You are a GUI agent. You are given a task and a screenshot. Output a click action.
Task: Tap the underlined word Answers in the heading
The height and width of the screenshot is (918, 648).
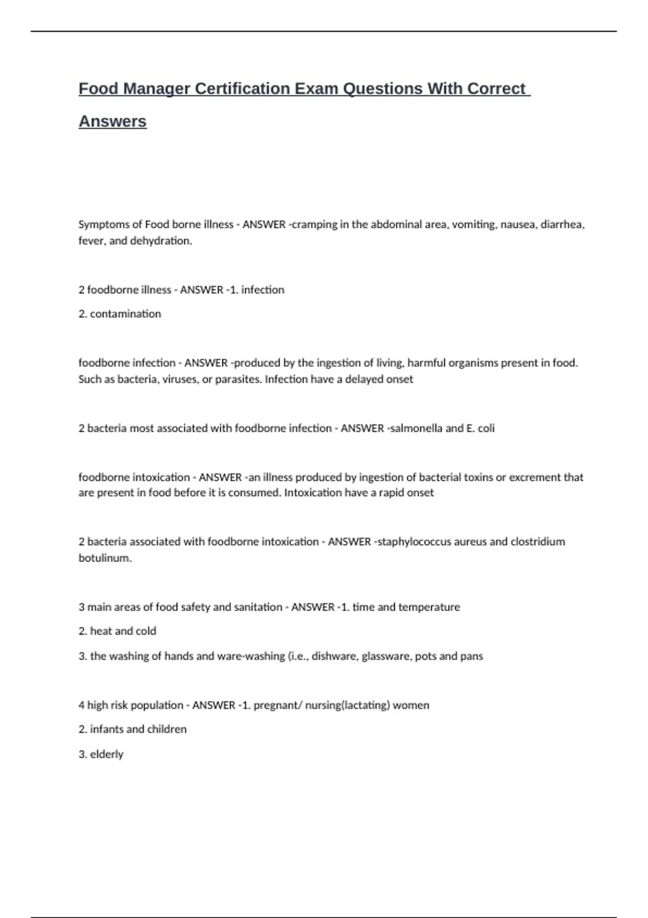[112, 122]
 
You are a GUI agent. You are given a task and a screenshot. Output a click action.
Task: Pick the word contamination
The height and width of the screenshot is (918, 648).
[125, 314]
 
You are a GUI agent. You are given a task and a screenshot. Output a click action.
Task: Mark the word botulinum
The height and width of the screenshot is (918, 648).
[105, 558]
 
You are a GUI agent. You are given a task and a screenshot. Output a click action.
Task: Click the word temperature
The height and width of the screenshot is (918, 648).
[429, 607]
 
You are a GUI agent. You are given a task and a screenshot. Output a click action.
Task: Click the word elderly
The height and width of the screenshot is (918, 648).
[106, 754]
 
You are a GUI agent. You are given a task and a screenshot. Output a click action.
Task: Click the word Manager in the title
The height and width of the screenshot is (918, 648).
[157, 89]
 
